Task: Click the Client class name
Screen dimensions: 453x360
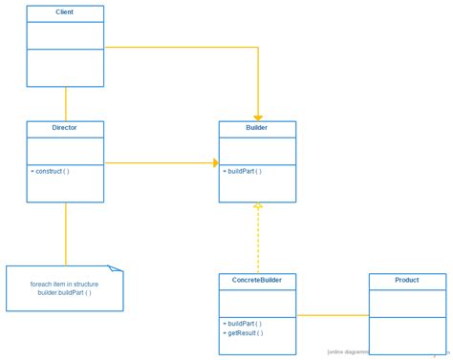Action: [x=65, y=12]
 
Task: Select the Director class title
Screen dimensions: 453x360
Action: [x=65, y=128]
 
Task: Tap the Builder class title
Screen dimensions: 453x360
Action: [x=257, y=128]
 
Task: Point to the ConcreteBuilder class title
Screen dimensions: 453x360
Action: [x=257, y=281]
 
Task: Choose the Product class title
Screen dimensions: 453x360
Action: [x=407, y=281]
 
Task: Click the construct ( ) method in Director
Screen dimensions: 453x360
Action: [x=53, y=172]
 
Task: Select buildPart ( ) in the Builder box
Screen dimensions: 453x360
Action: [x=243, y=172]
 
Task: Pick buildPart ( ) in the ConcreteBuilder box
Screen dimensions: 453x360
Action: [x=243, y=324]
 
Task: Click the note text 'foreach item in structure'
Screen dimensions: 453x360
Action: [x=64, y=285]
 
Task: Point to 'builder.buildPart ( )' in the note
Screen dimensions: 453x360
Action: [x=64, y=293]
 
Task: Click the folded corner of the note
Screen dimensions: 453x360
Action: [x=116, y=269]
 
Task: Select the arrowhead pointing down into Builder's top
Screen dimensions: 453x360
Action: [x=258, y=117]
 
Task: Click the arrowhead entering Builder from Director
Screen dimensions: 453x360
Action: [x=216, y=163]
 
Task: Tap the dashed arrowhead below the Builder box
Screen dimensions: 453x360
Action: [x=258, y=206]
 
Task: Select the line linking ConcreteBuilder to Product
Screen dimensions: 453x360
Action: [x=332, y=315]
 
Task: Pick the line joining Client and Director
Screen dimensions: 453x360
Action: [x=66, y=104]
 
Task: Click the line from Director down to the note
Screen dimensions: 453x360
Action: [x=66, y=234]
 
